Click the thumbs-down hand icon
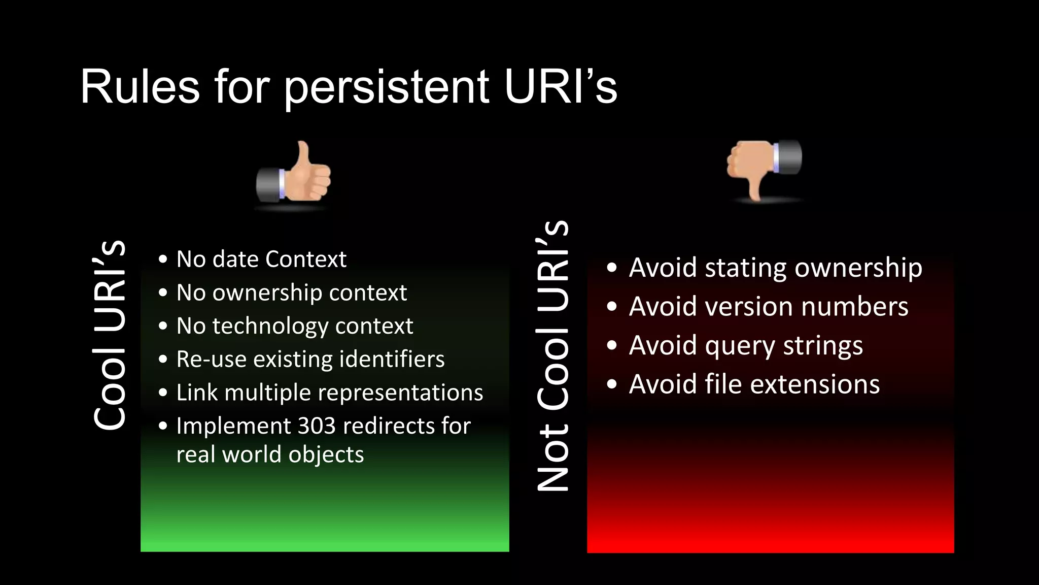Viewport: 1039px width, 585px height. pyautogui.click(x=764, y=168)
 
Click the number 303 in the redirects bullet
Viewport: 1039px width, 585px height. pyautogui.click(x=315, y=426)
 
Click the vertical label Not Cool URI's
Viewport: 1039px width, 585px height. pyautogui.click(x=552, y=355)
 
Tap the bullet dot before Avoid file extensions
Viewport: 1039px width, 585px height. pyautogui.click(x=612, y=384)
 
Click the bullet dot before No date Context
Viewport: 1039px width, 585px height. pyautogui.click(x=162, y=259)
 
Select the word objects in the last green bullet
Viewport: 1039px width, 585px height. pyautogui.click(x=326, y=454)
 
